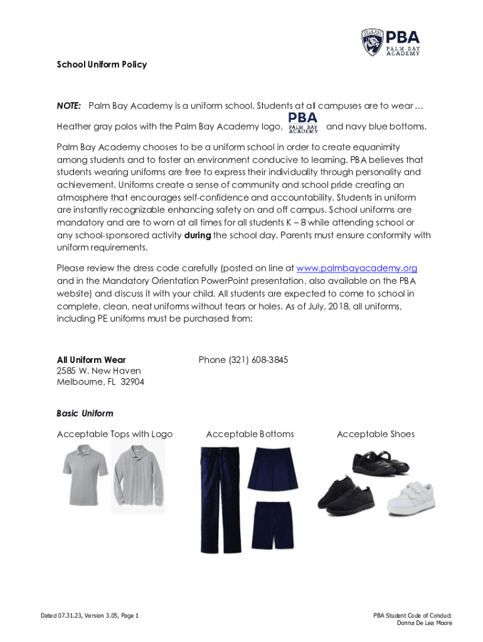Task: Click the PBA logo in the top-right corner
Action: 390,43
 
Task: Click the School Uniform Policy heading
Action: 102,65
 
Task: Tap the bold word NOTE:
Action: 69,105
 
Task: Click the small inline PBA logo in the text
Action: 303,123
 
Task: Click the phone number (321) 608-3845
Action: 243,360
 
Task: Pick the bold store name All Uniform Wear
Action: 91,360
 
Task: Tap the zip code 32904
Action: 132,382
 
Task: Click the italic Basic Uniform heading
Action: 85,414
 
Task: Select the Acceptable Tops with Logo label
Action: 114,434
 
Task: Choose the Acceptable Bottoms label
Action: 250,434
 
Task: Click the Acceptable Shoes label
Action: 376,434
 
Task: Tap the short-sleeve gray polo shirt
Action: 85,473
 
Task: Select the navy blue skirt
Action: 271,469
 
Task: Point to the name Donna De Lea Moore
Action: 425,623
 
